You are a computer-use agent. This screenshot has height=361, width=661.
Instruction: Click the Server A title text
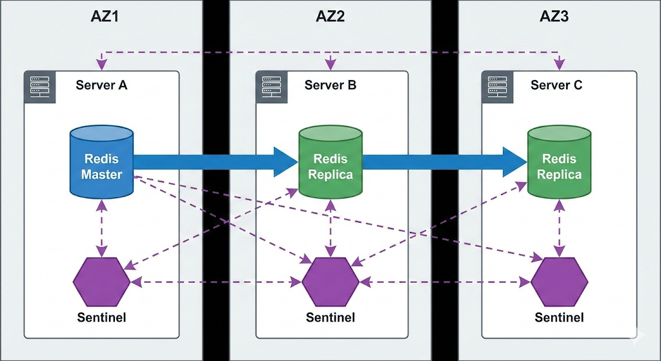click(101, 85)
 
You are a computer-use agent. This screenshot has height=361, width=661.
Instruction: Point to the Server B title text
click(330, 85)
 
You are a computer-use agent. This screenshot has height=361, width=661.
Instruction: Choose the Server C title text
click(556, 85)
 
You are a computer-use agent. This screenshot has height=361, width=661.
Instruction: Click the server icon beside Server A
click(40, 87)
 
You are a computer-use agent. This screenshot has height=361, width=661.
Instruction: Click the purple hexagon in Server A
click(101, 282)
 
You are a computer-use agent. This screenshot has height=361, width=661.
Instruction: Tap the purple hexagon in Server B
click(330, 282)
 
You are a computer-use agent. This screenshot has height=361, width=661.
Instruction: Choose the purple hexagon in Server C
click(559, 282)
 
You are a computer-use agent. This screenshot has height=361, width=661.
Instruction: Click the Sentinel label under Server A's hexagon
click(101, 317)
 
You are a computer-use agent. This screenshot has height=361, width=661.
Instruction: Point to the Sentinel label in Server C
click(559, 317)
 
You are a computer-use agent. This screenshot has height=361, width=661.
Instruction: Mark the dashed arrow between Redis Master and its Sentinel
click(101, 226)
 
